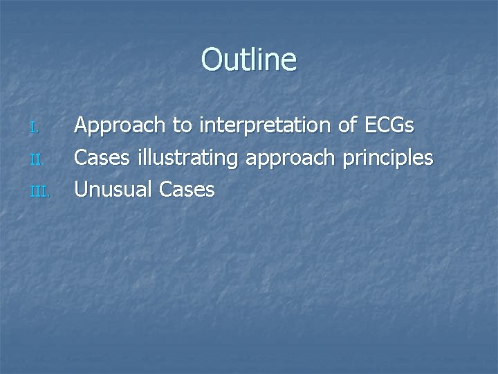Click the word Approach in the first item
[x=121, y=127]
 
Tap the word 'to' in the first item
[x=183, y=126]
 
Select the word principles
[x=389, y=159]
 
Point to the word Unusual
[x=113, y=189]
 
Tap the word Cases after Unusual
[x=187, y=189]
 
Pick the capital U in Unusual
[x=82, y=189]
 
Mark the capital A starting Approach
[x=82, y=125]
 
